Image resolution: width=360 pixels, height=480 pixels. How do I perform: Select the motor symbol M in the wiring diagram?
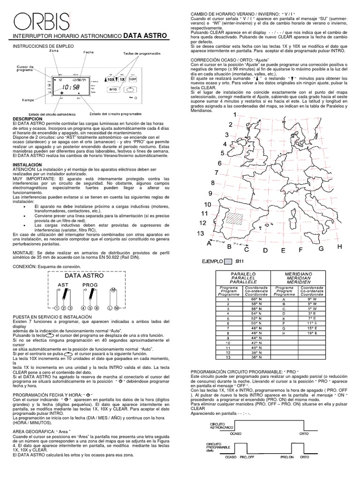click(x=112, y=292)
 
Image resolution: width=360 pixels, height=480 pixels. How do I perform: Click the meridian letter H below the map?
click(x=339, y=247)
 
